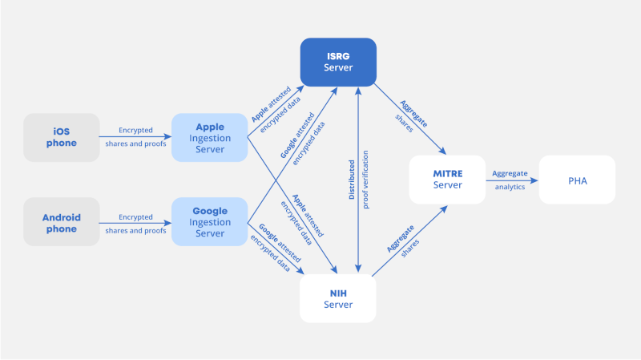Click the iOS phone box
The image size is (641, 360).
(x=62, y=137)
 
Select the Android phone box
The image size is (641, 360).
(x=62, y=223)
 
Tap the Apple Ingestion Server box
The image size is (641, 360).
(x=209, y=137)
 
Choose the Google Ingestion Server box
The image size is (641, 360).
(x=209, y=223)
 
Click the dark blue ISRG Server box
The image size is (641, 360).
(x=338, y=63)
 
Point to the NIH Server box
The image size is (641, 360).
(x=338, y=298)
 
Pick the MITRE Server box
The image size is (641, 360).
(x=447, y=180)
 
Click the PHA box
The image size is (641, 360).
(x=577, y=180)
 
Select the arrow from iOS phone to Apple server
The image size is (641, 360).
(x=136, y=137)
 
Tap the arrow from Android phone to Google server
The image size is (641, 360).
(x=136, y=223)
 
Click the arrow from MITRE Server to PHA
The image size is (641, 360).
(x=513, y=180)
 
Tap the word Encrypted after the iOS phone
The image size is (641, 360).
(x=135, y=130)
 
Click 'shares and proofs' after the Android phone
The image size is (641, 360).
(x=135, y=231)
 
